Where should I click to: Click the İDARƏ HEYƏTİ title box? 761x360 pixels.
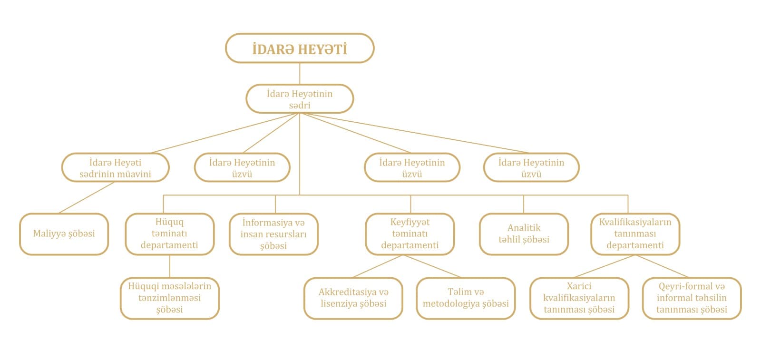pyautogui.click(x=300, y=48)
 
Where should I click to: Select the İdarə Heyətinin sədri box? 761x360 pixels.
pyautogui.click(x=300, y=99)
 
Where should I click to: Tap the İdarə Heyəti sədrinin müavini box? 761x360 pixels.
pyautogui.click(x=115, y=167)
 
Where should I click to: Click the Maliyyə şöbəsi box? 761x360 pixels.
pyautogui.click(x=64, y=234)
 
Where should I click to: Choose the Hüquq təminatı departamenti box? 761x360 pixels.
pyautogui.click(x=169, y=234)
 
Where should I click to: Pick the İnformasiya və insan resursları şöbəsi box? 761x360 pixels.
pyautogui.click(x=273, y=234)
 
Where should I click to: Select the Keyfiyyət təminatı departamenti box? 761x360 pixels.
pyautogui.click(x=410, y=234)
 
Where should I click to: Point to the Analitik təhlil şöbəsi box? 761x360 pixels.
pyautogui.click(x=524, y=234)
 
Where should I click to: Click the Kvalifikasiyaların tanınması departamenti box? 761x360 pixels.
pyautogui.click(x=635, y=234)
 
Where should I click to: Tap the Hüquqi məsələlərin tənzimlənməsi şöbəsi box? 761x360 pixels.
pyautogui.click(x=169, y=298)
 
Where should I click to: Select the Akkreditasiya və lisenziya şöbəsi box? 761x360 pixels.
pyautogui.click(x=353, y=298)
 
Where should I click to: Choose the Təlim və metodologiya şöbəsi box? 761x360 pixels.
pyautogui.click(x=466, y=298)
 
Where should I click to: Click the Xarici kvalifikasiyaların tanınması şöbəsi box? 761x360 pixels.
pyautogui.click(x=579, y=298)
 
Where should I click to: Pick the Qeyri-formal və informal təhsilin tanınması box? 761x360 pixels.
pyautogui.click(x=692, y=298)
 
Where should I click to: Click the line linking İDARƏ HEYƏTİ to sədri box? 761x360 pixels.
pyautogui.click(x=300, y=73)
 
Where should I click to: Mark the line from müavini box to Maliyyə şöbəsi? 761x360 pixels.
pyautogui.click(x=87, y=197)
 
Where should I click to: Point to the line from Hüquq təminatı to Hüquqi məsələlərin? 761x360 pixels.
pyautogui.click(x=170, y=266)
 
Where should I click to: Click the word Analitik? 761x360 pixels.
pyautogui.click(x=524, y=228)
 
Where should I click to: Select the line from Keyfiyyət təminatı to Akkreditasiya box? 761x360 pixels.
pyautogui.click(x=378, y=266)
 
